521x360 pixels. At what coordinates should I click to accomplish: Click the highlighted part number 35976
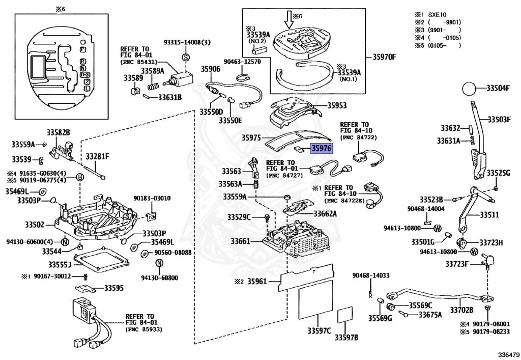tap(321, 149)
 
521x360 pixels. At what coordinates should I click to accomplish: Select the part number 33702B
tap(461, 309)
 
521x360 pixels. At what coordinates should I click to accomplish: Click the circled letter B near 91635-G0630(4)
tap(79, 177)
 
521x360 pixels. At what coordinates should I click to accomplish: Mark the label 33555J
tap(60, 264)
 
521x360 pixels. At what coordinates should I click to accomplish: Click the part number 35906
tap(210, 69)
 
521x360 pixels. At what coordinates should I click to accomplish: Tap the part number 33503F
tap(499, 119)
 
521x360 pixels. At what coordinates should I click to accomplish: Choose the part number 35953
tap(337, 106)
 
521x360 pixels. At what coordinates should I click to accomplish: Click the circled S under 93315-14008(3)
tap(186, 57)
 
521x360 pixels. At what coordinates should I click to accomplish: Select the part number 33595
tap(114, 288)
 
